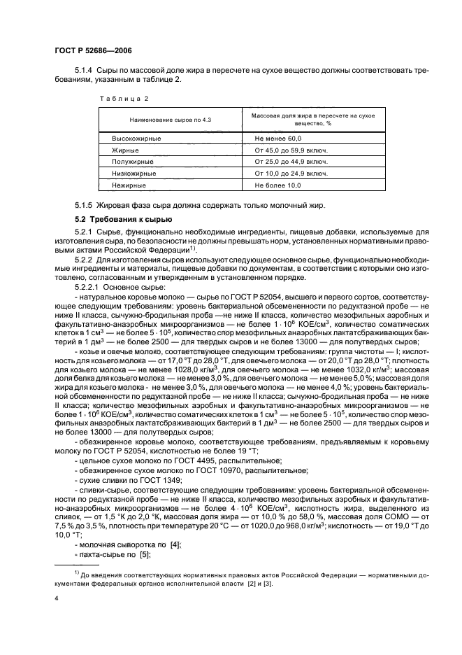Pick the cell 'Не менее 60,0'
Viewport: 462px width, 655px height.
[x=277, y=139]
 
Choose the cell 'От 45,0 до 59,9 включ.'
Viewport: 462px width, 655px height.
[x=291, y=150]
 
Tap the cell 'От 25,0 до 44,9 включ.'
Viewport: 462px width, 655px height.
[x=291, y=162]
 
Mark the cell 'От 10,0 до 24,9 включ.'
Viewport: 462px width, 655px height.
[x=291, y=173]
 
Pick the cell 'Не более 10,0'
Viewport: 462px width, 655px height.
[x=277, y=185]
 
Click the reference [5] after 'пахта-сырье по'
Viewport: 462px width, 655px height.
[x=145, y=555]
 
